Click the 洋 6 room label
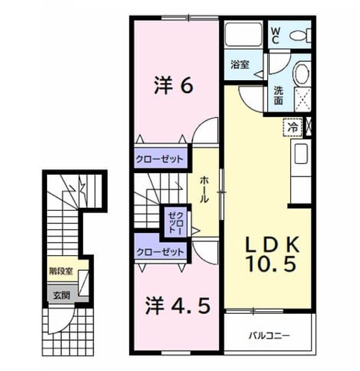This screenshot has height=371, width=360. coord(174,85)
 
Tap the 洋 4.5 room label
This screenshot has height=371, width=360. coord(178,306)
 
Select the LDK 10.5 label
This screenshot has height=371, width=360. coord(272,254)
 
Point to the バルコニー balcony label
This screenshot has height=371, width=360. coord(269,336)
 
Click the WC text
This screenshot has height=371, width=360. coord(275,35)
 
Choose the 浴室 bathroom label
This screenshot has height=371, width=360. coord(240,64)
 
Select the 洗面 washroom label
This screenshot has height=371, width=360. coord(278,95)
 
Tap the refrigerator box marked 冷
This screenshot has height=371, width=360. coord(292,128)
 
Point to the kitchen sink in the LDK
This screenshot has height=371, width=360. coord(301,154)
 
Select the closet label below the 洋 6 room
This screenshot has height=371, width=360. coord(159,159)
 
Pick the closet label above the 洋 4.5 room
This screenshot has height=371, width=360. coord(160,252)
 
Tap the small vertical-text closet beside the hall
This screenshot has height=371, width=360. coord(176,223)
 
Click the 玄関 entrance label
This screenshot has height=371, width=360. coord(61,295)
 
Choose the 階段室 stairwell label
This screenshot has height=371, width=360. coord(61,271)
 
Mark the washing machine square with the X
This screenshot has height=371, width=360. coord(302,99)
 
